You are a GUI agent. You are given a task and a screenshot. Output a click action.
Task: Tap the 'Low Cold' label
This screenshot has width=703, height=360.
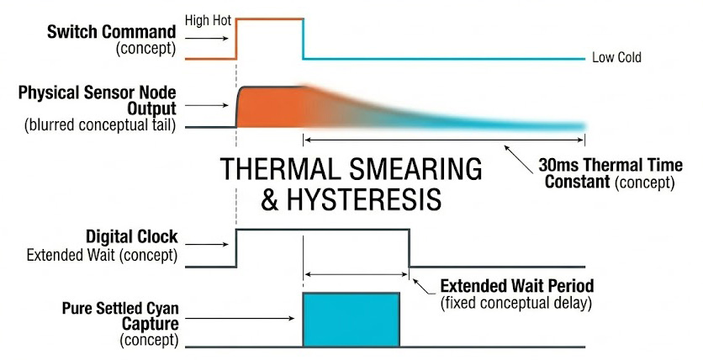[616, 58]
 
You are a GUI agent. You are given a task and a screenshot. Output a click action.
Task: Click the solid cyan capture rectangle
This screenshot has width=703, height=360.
[351, 319]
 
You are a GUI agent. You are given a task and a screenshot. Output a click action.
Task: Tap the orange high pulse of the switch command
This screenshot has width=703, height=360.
[269, 19]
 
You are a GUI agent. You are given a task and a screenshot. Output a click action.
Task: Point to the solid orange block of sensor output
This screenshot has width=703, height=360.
[269, 106]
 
